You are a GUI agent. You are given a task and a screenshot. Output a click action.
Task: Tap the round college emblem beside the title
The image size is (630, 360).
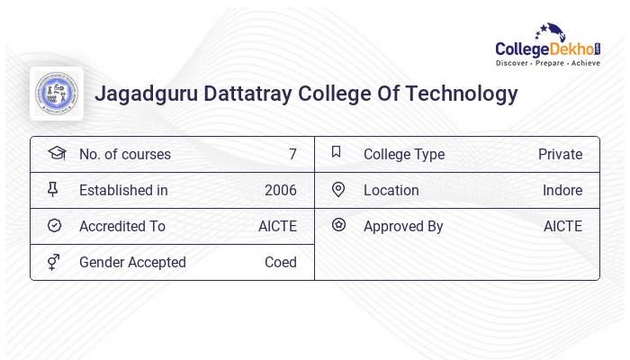coord(57,94)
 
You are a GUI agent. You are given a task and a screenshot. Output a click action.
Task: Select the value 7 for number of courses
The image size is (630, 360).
coord(292,154)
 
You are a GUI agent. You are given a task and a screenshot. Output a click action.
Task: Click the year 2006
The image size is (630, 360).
coord(280,190)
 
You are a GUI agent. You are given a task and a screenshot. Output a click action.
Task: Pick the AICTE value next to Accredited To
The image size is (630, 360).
coord(277,226)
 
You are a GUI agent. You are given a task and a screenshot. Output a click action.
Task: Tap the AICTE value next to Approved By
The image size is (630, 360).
coord(562,226)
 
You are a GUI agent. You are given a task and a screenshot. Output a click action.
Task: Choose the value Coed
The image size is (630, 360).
coord(280,262)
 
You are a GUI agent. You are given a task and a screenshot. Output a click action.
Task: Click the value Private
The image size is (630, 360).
coord(560,154)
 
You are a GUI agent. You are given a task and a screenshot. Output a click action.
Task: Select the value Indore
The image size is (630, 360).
coord(562,190)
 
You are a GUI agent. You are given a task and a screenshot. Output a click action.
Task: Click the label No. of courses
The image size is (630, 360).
coord(124,154)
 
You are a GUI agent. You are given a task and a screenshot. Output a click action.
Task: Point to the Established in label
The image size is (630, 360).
coord(123,190)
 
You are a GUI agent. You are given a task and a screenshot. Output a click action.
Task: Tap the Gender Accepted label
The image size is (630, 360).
coord(132,262)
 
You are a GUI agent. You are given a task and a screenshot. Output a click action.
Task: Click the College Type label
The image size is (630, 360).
coord(403,154)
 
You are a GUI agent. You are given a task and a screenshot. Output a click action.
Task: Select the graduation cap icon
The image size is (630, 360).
coord(56,153)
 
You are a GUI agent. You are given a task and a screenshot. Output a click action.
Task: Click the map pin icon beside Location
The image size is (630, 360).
coord(338,189)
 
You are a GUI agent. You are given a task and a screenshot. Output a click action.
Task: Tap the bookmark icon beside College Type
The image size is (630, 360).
coord(337,152)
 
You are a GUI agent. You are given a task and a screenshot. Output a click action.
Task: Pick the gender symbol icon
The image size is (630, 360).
coord(54,262)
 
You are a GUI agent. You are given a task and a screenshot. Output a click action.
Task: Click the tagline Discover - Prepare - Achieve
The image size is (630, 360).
coord(548,64)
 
